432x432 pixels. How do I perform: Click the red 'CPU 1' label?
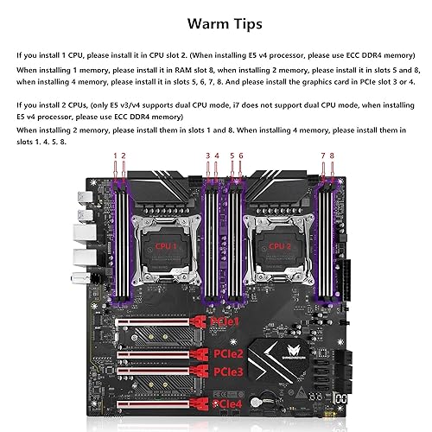(x=163, y=246)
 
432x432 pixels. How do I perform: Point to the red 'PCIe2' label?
(x=232, y=354)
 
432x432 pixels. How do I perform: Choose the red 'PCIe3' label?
(x=232, y=372)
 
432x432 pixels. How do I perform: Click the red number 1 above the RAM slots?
(x=115, y=156)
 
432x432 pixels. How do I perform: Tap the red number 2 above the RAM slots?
(x=124, y=156)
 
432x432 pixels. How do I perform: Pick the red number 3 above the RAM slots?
(x=207, y=156)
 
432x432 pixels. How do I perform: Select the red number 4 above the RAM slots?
(x=217, y=156)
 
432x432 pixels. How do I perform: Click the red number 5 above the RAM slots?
(x=231, y=156)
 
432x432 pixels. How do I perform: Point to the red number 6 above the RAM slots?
(x=240, y=156)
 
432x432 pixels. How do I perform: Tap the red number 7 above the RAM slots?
(x=322, y=156)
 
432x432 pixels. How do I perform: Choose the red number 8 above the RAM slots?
(x=331, y=156)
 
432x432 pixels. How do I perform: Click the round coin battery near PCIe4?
(x=257, y=403)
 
